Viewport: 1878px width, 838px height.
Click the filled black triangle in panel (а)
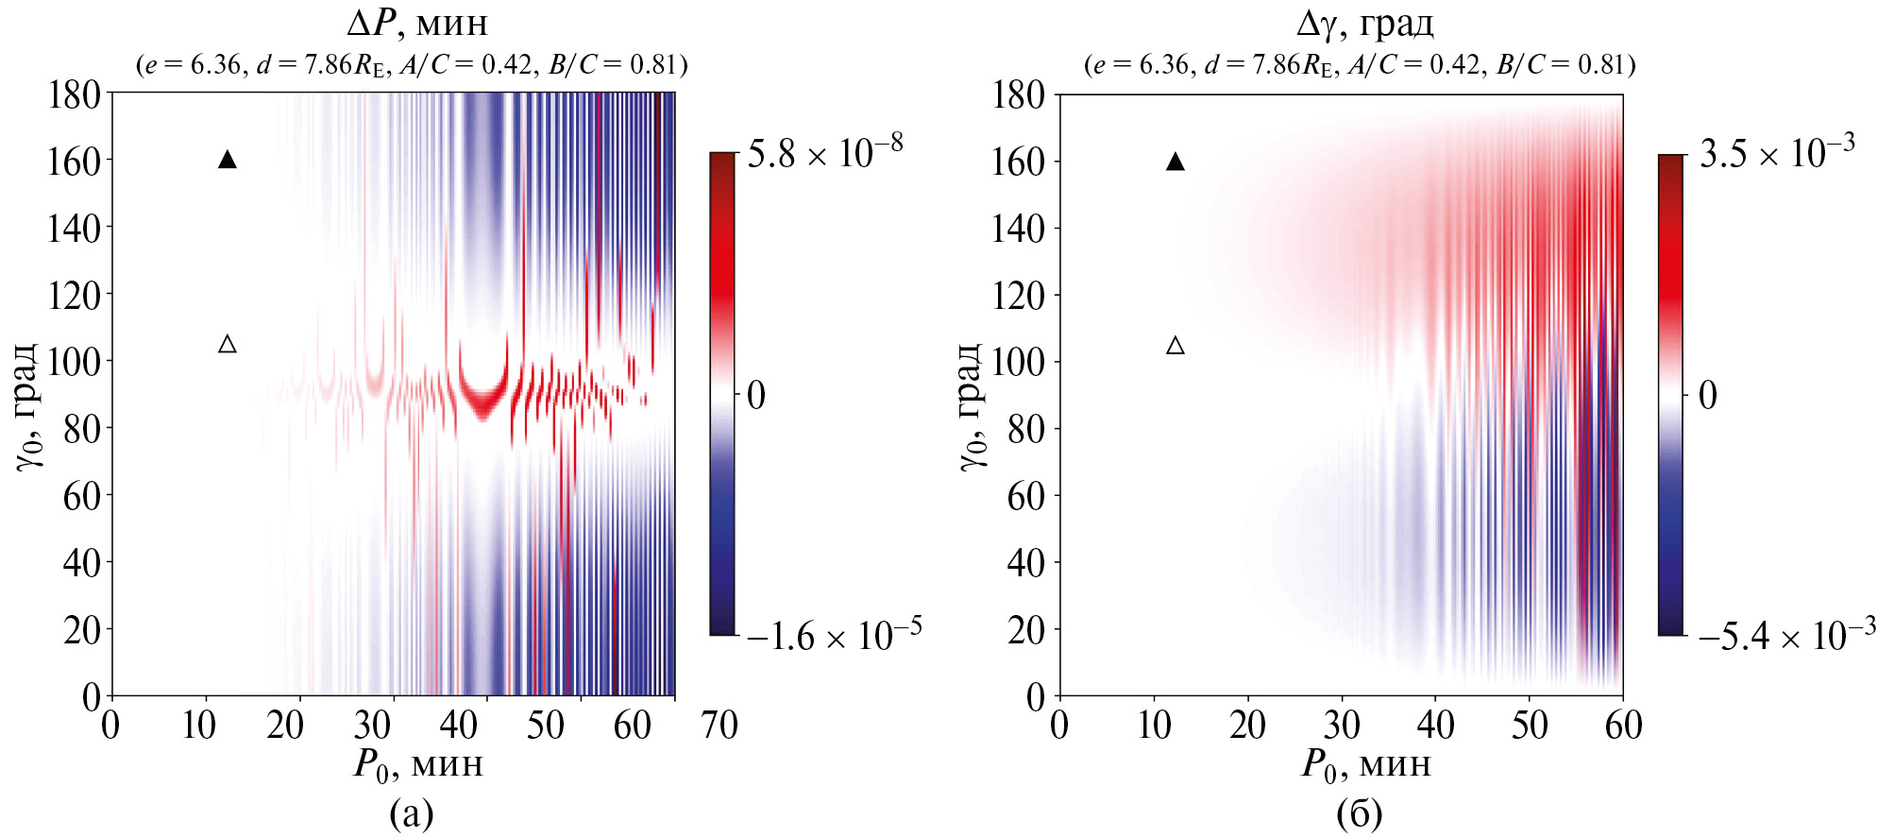tap(228, 160)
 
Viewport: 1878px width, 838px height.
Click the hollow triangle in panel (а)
tap(228, 345)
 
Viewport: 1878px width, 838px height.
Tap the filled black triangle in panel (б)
tap(1176, 162)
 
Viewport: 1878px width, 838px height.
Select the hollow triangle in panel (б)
tap(1176, 346)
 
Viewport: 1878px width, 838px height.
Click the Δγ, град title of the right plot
tap(1364, 23)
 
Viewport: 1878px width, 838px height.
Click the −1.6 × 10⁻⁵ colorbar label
tap(834, 635)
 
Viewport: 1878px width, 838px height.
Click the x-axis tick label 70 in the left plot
tap(719, 726)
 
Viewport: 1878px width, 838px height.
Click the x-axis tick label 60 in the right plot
tap(1623, 726)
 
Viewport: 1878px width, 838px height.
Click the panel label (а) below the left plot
tap(412, 812)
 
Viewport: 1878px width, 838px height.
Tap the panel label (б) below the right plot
tap(1360, 812)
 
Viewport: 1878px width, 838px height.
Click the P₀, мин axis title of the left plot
tap(418, 763)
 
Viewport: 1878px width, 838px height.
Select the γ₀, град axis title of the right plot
tap(973, 406)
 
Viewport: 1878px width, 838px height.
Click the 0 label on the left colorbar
tap(755, 396)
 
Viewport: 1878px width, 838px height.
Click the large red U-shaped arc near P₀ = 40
tap(483, 402)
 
